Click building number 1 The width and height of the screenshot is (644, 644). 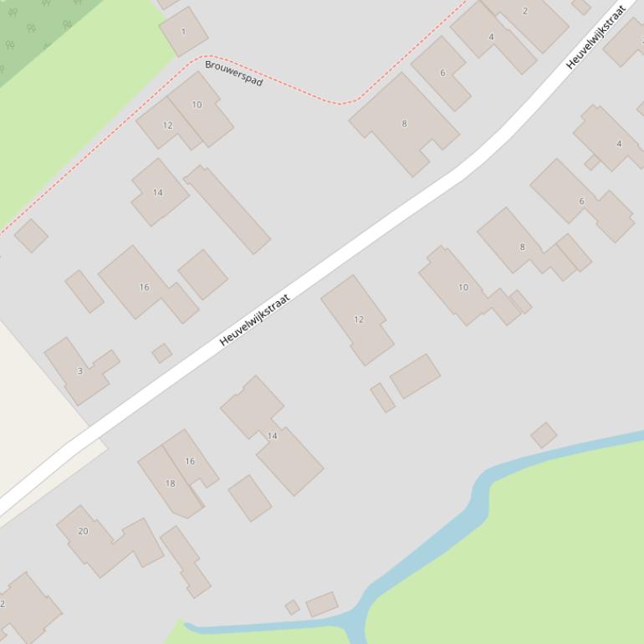click(x=184, y=32)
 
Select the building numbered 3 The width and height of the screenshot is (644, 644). click(x=79, y=370)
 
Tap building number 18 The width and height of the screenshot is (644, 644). click(x=170, y=483)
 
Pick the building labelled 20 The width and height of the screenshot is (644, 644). click(x=84, y=531)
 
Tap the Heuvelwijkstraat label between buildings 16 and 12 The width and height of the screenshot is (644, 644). click(x=255, y=319)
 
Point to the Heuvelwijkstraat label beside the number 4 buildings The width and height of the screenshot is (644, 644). click(x=596, y=37)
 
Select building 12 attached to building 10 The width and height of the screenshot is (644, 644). click(x=167, y=125)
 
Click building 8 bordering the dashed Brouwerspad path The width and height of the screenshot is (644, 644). click(x=404, y=124)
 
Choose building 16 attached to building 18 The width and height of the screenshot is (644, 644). click(x=191, y=460)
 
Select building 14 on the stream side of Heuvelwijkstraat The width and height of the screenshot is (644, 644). click(x=272, y=437)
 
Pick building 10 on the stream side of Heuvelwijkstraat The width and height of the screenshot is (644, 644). click(x=463, y=287)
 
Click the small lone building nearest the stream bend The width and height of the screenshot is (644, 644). click(x=544, y=435)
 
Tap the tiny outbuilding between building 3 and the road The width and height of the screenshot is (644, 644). click(x=161, y=353)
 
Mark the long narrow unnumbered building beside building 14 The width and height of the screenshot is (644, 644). click(x=227, y=209)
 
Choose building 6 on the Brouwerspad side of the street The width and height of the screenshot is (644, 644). click(x=442, y=73)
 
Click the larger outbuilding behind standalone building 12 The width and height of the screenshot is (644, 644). click(x=415, y=376)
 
